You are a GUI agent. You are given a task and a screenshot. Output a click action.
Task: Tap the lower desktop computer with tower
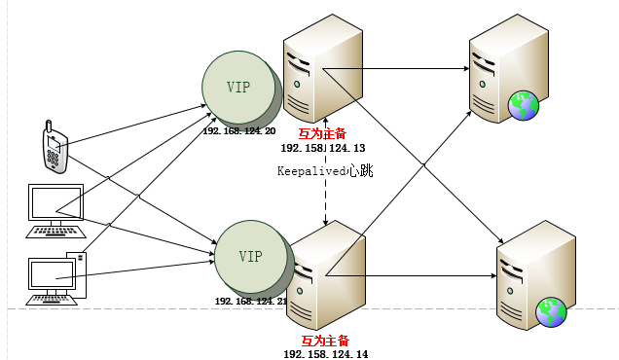[x=57, y=278]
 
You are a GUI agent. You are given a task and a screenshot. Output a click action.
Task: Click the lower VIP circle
[x=250, y=257]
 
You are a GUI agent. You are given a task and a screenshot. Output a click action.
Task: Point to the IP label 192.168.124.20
[x=239, y=131]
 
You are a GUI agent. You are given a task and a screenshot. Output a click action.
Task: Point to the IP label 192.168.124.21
[x=251, y=302]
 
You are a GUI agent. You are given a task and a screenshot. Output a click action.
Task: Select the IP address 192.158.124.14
[x=325, y=355]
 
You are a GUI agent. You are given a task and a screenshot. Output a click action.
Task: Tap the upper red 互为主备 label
[x=323, y=133]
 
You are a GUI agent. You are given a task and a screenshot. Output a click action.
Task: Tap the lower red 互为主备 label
[x=325, y=341]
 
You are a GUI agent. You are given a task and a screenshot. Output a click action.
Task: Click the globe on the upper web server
[x=524, y=104]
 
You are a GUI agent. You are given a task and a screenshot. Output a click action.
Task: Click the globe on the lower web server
[x=552, y=312]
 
